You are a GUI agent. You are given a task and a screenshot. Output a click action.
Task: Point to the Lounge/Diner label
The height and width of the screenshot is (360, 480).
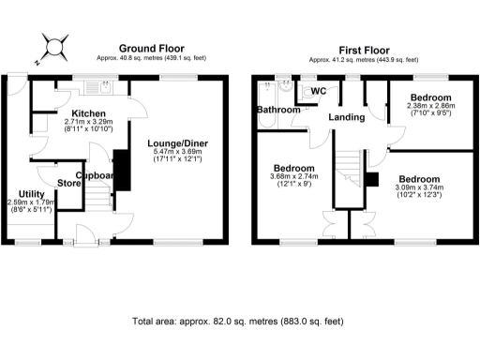coord(178,143)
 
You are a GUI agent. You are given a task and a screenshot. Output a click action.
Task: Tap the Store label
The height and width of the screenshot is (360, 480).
coord(68,182)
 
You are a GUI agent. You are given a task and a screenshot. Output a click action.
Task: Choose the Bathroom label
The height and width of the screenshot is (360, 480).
coord(280,110)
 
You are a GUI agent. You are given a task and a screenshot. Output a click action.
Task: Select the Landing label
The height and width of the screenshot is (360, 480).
coord(346,117)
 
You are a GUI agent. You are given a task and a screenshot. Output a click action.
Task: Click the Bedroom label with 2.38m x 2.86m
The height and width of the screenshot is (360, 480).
coord(429,97)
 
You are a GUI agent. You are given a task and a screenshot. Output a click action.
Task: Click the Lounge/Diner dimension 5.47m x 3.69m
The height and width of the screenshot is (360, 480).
coord(178,155)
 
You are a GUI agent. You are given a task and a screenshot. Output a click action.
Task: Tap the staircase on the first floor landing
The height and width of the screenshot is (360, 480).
coord(349,172)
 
